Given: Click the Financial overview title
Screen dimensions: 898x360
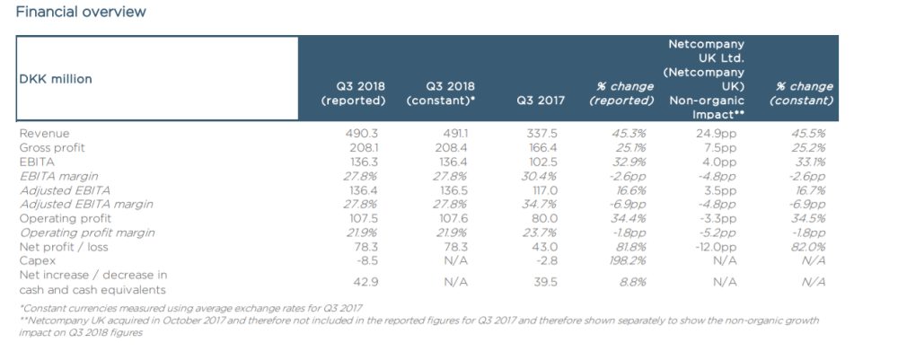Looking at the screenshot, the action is click(x=81, y=12).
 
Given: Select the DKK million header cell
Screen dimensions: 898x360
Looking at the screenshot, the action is click(x=56, y=79).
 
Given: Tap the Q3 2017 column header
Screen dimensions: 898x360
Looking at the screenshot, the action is click(x=541, y=101).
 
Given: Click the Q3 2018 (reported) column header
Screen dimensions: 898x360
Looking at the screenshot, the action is click(x=353, y=93).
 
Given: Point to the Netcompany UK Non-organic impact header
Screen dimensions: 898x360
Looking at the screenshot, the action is click(x=706, y=79).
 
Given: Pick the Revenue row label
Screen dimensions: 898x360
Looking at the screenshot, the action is click(x=44, y=134).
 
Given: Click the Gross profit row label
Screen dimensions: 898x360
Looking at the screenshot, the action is click(x=51, y=147).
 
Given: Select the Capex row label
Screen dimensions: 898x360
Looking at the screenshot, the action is click(x=37, y=261).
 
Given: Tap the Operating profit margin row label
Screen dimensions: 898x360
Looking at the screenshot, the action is click(x=87, y=233).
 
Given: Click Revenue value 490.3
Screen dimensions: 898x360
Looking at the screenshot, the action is click(x=361, y=134).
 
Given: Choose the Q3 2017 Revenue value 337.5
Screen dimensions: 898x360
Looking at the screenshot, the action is click(x=541, y=134).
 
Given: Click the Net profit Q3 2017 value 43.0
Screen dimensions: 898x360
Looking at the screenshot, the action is click(x=543, y=247).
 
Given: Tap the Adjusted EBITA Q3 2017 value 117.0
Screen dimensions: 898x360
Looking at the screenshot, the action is click(x=542, y=190).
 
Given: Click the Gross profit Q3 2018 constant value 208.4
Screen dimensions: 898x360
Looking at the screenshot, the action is click(x=451, y=147).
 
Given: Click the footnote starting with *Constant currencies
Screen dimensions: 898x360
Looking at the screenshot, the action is click(x=190, y=309).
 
